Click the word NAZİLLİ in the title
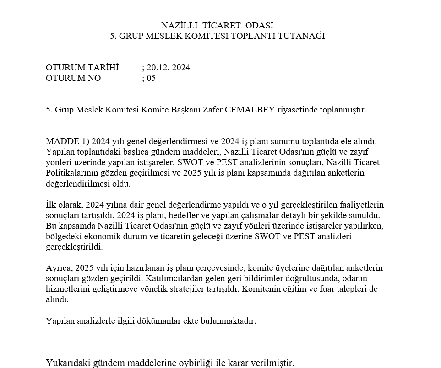click(179, 26)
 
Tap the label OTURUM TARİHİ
click(82, 68)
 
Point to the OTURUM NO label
click(73, 78)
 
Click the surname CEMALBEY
click(250, 110)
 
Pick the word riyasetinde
click(297, 110)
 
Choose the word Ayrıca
click(59, 268)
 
